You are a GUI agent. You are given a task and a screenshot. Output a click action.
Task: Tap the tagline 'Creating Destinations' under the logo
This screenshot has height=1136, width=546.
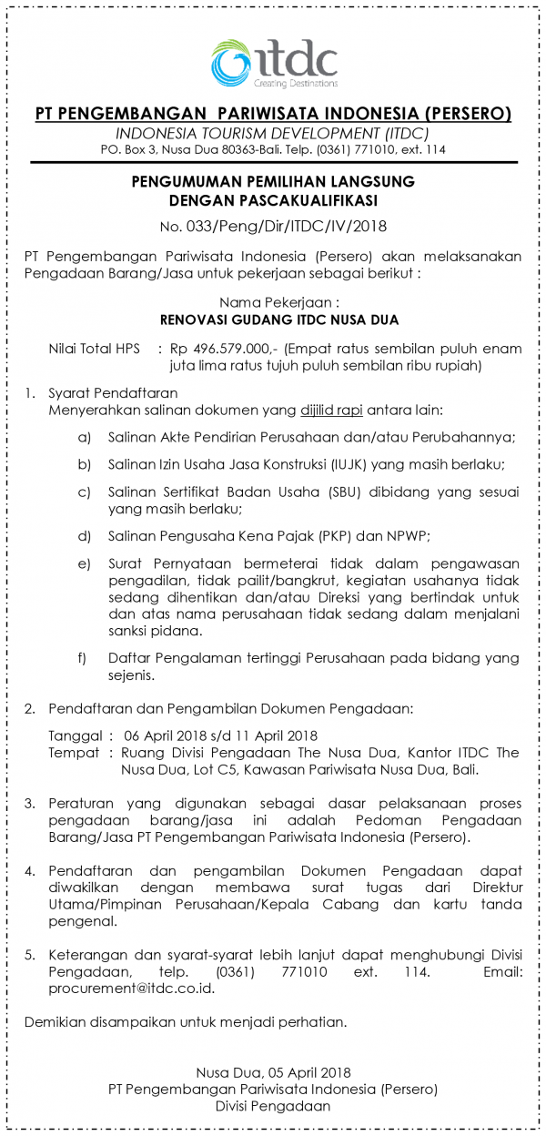click(x=297, y=83)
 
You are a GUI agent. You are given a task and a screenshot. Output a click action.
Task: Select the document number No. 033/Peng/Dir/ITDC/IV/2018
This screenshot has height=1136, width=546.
click(x=273, y=227)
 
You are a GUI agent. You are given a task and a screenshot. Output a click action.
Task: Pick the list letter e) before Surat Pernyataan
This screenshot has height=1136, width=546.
click(x=85, y=564)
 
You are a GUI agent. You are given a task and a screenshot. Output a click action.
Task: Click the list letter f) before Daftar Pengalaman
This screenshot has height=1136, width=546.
click(x=84, y=657)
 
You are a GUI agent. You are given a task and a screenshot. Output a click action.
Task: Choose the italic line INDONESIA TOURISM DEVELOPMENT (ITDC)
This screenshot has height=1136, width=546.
click(x=273, y=133)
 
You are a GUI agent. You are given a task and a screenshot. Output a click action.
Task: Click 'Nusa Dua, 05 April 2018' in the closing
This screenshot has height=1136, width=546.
click(x=273, y=1073)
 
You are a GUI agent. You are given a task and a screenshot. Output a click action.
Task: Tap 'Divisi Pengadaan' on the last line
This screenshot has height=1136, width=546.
click(x=273, y=1106)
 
